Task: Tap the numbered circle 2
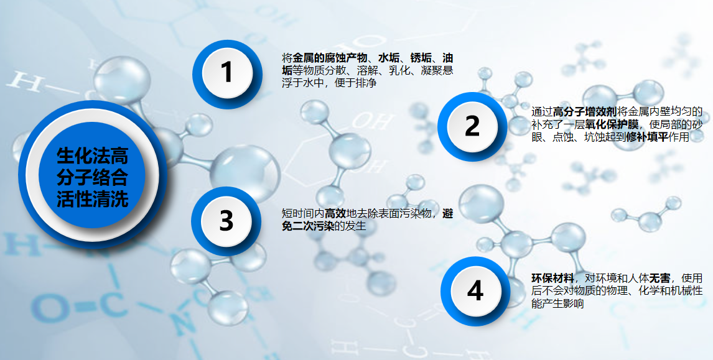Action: pyautogui.click(x=472, y=126)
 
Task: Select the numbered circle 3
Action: pyautogui.click(x=226, y=221)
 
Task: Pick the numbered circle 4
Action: pyautogui.click(x=475, y=292)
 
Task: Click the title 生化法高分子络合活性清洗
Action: pyautogui.click(x=92, y=177)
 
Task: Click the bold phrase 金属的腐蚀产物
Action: pyautogui.click(x=330, y=58)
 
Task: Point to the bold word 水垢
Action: pyautogui.click(x=389, y=58)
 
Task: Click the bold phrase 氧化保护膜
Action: pyautogui.click(x=612, y=124)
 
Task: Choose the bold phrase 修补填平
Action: pyautogui.click(x=647, y=137)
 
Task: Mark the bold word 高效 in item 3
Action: pyautogui.click(x=335, y=213)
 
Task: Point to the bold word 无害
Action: pyautogui.click(x=659, y=278)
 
